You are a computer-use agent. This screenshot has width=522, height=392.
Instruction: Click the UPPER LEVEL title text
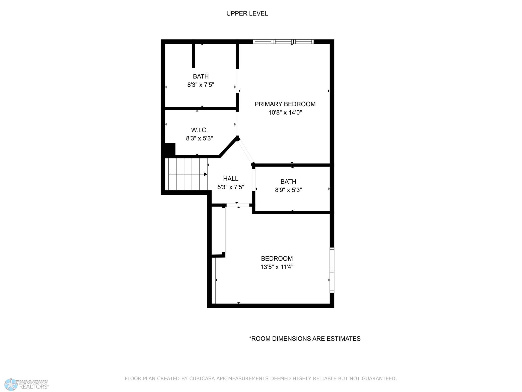point(247,14)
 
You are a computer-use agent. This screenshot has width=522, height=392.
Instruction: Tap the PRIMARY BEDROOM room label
point(285,104)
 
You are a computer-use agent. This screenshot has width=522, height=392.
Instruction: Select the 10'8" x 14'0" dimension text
point(285,113)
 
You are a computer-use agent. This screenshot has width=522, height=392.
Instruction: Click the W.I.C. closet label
point(199,130)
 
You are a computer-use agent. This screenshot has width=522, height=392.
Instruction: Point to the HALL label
point(231,179)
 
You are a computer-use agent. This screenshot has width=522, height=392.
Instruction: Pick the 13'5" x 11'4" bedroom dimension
point(277,267)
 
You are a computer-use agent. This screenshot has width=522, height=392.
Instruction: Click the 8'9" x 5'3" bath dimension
point(288,190)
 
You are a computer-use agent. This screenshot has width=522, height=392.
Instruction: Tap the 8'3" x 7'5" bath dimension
point(201,85)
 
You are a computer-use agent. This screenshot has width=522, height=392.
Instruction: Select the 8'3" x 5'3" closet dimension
point(199,138)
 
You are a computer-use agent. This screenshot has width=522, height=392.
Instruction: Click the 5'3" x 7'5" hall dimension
point(231,187)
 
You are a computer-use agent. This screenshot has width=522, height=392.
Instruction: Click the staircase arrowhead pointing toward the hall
point(206,174)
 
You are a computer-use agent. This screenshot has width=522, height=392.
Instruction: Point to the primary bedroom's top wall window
point(283,42)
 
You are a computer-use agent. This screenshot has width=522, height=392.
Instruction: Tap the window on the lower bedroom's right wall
point(332,270)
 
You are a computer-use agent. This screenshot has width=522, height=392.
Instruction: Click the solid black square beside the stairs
point(170,149)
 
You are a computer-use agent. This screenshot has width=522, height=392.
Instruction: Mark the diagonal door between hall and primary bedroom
point(245,151)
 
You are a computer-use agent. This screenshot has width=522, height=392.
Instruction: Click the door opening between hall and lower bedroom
point(237,205)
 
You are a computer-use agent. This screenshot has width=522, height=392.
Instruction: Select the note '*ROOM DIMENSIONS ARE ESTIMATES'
point(305,339)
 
